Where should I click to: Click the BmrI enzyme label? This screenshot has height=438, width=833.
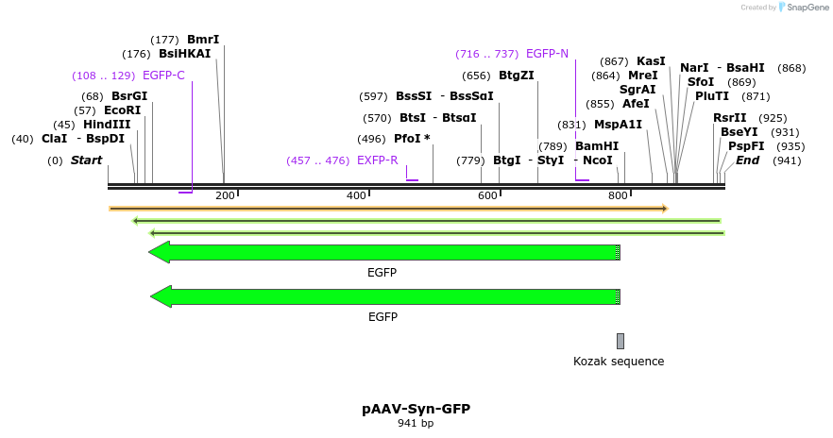(203, 40)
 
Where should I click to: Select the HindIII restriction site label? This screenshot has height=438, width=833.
(107, 125)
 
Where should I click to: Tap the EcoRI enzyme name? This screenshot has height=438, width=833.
(122, 110)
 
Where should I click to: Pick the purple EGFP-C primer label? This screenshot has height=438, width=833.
(163, 76)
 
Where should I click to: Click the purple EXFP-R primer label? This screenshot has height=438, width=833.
(377, 160)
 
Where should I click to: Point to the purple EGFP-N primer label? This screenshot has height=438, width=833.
(547, 54)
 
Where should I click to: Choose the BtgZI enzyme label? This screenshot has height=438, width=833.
(516, 76)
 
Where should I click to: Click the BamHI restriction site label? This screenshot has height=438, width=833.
(597, 146)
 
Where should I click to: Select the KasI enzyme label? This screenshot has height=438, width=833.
(651, 61)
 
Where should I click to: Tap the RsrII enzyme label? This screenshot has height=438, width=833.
(729, 118)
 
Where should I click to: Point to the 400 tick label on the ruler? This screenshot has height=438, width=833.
(356, 195)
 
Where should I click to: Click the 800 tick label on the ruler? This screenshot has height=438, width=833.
(618, 195)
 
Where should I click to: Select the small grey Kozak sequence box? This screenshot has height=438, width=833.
(620, 341)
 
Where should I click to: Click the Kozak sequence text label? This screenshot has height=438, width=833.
(619, 362)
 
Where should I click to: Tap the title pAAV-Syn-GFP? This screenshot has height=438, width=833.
(416, 409)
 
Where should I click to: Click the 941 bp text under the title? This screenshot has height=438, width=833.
(416, 424)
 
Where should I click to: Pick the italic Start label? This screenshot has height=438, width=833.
(86, 160)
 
